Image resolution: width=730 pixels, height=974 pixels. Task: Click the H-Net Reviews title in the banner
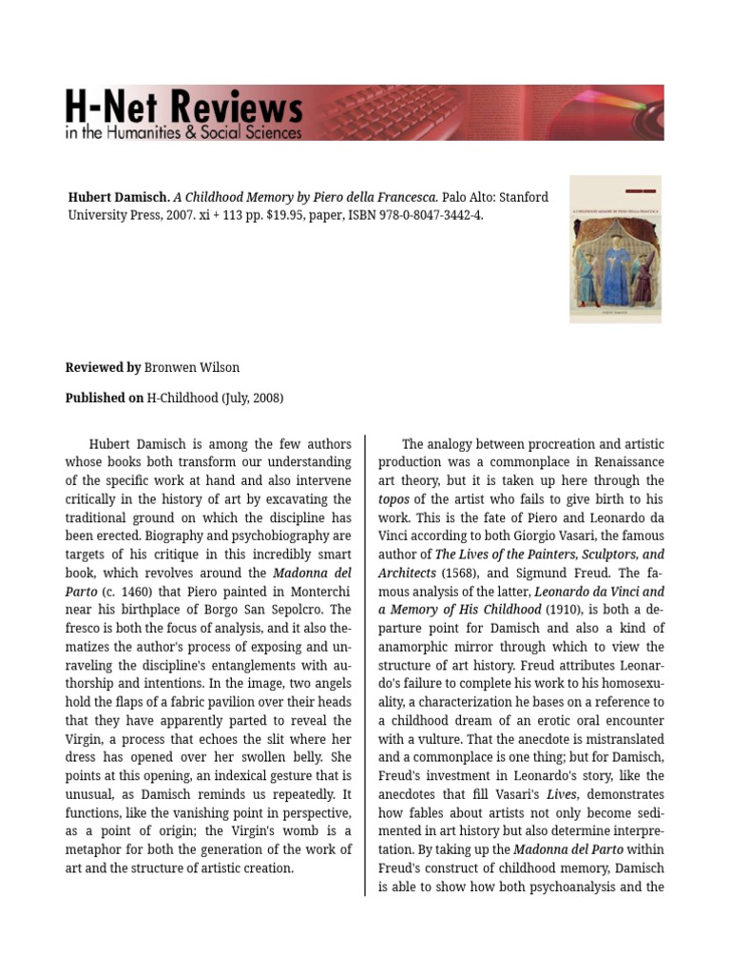tap(183, 105)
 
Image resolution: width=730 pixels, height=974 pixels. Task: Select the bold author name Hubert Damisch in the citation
tap(119, 198)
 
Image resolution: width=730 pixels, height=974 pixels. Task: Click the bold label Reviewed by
tap(103, 367)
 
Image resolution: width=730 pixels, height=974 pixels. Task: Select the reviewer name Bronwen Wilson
tap(193, 367)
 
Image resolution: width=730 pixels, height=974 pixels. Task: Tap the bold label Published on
tap(105, 398)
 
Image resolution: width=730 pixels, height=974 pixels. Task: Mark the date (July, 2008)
tap(252, 398)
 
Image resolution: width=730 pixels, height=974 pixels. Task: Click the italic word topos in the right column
tap(394, 499)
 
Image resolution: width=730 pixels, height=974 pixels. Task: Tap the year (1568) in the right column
tap(464, 573)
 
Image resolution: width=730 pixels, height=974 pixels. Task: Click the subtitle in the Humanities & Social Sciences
tap(182, 133)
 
